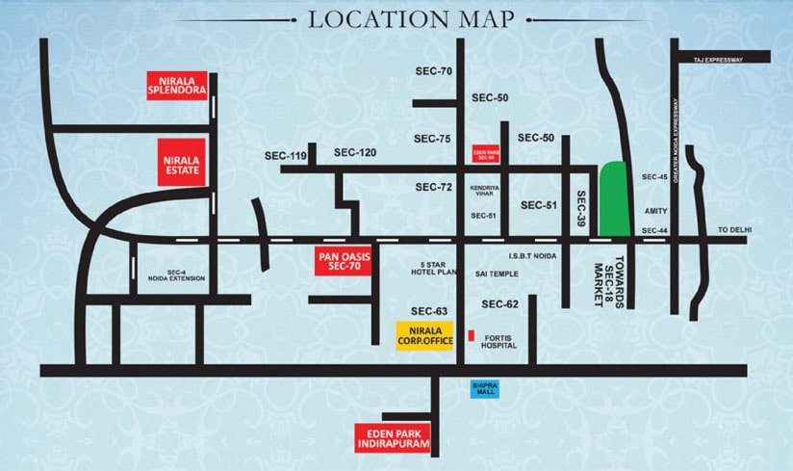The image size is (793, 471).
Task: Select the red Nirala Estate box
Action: tap(182, 161)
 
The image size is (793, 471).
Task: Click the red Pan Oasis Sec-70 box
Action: tap(344, 260)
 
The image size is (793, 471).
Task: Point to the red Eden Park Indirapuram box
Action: tap(393, 438)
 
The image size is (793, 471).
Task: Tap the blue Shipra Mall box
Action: tap(485, 388)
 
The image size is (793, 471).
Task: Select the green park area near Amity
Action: tap(614, 199)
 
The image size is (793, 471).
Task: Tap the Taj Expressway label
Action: tap(718, 61)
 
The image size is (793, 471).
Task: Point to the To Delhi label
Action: tap(733, 229)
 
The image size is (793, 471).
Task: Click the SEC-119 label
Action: tap(286, 155)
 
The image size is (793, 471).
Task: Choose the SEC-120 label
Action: tap(355, 152)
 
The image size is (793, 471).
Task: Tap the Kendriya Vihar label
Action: tap(483, 190)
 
